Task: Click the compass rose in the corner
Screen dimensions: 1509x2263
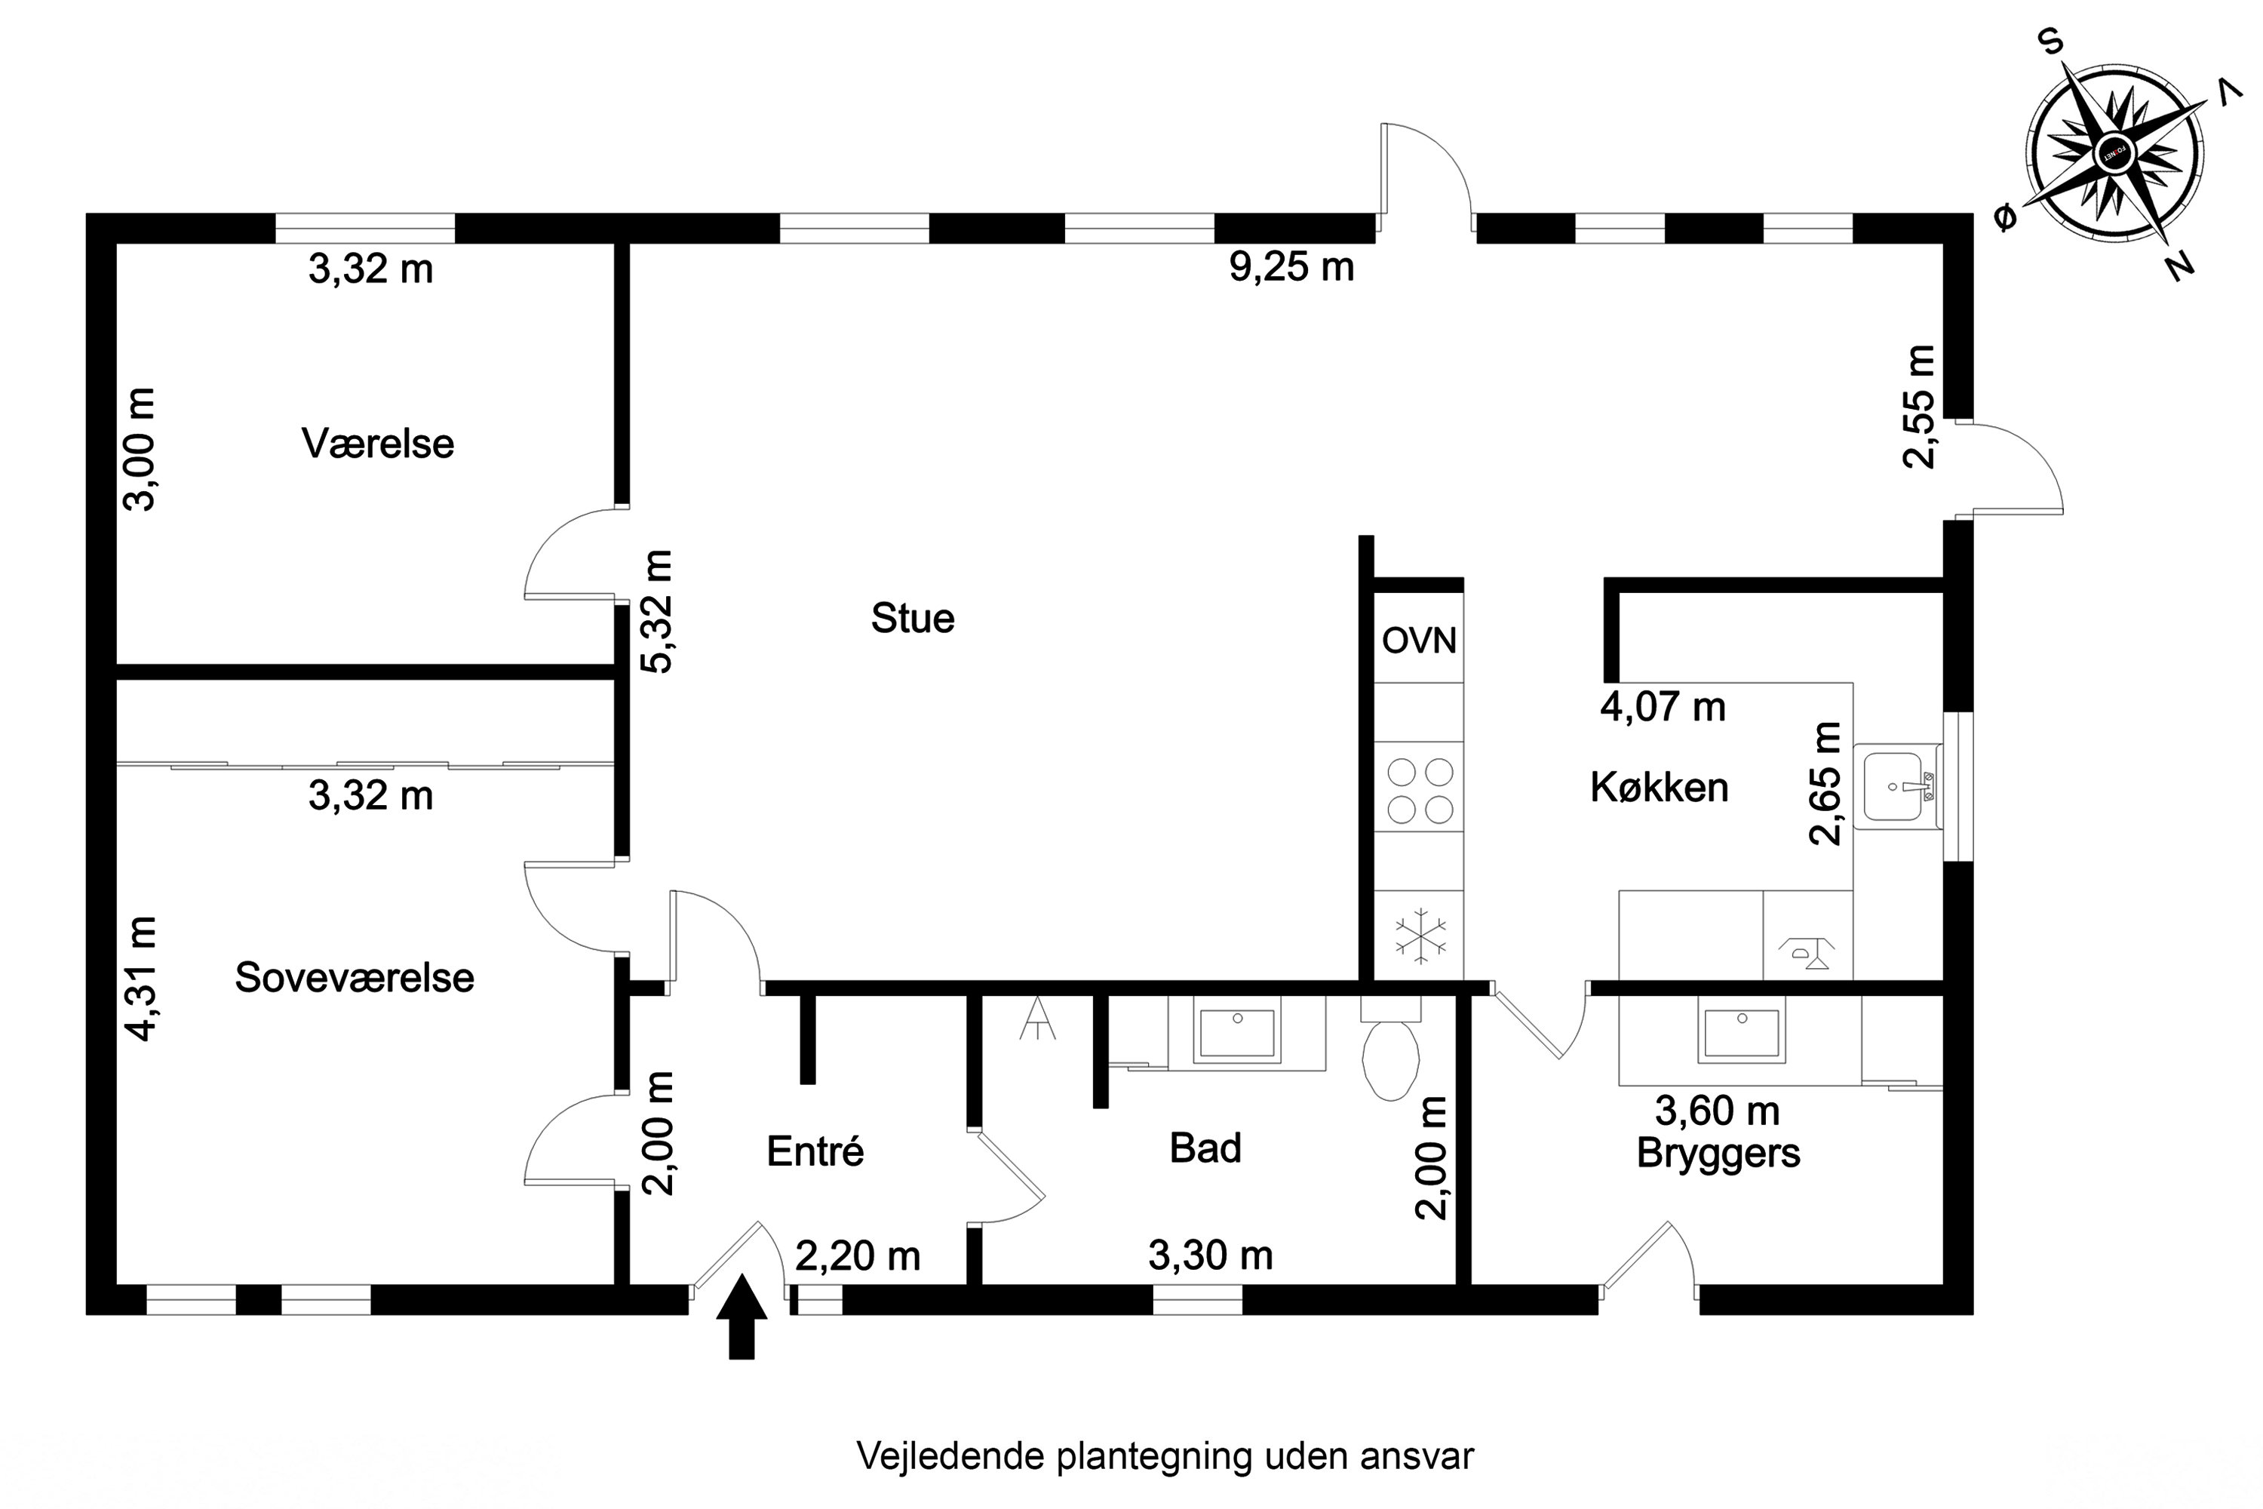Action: [2115, 153]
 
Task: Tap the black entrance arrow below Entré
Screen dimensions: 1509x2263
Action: [742, 1317]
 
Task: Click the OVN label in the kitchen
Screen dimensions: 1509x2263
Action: [1418, 641]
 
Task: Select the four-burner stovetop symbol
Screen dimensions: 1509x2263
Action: [1419, 791]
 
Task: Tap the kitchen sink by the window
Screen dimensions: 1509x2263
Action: [1897, 786]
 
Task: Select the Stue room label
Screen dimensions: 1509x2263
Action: [912, 619]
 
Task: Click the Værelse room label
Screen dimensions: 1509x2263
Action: [377, 444]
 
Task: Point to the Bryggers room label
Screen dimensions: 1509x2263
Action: [1718, 1153]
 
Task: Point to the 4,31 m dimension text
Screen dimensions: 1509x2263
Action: [142, 979]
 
